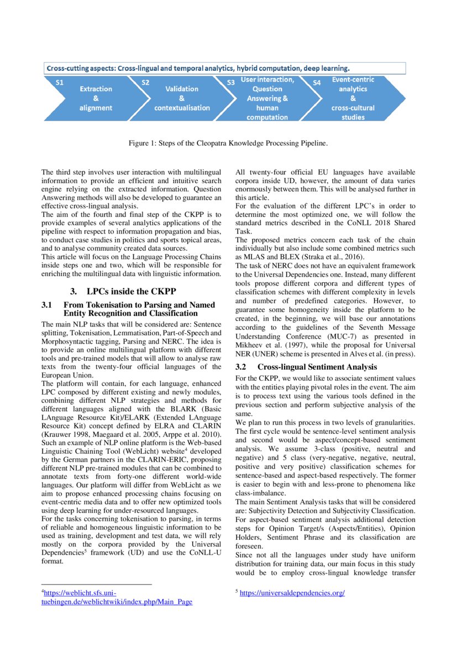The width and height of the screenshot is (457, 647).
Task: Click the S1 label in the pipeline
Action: tap(60, 82)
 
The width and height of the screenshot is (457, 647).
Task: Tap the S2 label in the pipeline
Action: tap(145, 82)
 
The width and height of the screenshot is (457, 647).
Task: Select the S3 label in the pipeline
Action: tap(232, 82)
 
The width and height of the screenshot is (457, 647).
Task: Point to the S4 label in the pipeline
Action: tap(317, 82)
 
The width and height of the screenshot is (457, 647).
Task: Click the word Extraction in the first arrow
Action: tap(96, 89)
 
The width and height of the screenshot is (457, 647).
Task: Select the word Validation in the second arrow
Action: tap(182, 89)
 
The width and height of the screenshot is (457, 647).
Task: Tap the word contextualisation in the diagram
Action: tap(182, 107)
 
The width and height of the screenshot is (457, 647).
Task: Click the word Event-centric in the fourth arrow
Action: tap(353, 80)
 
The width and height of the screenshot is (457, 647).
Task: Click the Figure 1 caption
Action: tap(228, 143)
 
